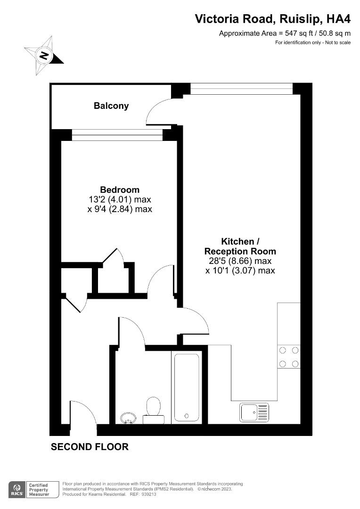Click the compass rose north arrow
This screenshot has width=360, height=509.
[x=44, y=56]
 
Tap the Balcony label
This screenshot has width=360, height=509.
[x=111, y=106]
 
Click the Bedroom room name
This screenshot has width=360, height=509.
[x=120, y=189]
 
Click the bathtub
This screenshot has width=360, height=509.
[x=187, y=387]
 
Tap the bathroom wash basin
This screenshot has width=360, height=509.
[x=128, y=418]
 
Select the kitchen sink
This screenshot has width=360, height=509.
[x=254, y=412]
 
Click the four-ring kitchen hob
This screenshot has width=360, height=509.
[x=289, y=357]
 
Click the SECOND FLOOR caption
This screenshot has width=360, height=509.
[x=90, y=447]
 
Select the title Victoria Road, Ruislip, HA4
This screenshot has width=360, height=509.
[x=273, y=19]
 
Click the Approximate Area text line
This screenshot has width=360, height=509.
[x=285, y=33]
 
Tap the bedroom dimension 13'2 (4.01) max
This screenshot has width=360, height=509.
[x=120, y=199]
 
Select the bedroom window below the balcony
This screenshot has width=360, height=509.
[x=117, y=135]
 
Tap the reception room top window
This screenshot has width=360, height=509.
[x=241, y=88]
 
